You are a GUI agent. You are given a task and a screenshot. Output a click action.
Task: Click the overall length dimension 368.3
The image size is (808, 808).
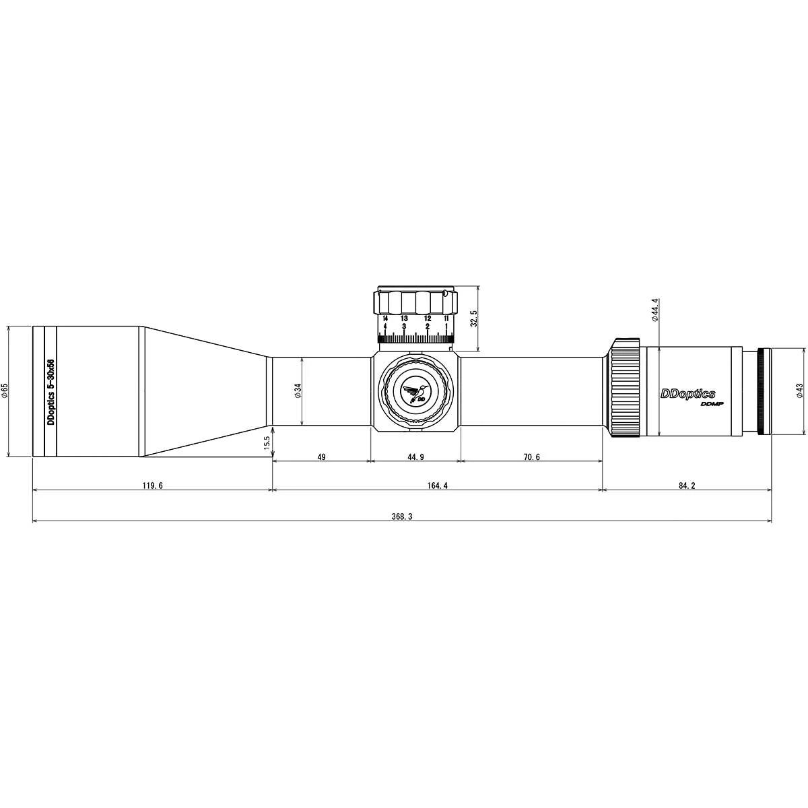point(401,516)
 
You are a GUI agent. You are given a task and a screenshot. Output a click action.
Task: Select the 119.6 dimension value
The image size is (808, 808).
point(153,485)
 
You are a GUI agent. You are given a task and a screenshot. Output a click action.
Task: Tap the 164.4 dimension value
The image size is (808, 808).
point(437,485)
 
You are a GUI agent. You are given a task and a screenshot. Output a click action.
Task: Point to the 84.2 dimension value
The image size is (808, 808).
point(685,485)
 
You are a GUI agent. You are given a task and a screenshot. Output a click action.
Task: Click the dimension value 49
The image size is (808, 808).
point(321,457)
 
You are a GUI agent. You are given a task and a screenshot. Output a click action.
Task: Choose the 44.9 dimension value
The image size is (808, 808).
point(415,457)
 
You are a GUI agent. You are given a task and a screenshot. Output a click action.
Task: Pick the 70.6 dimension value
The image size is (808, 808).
point(531,457)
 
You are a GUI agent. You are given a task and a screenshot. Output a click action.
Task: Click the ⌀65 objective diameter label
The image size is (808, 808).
point(5,391)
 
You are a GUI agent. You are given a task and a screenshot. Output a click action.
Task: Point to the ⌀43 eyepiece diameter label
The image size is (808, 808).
point(799,391)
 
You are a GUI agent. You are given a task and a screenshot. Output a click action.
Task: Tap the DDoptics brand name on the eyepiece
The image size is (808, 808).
point(687,394)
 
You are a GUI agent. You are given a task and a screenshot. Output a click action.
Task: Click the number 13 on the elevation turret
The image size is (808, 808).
point(404,318)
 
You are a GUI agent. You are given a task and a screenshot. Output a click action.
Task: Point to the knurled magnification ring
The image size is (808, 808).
point(625,389)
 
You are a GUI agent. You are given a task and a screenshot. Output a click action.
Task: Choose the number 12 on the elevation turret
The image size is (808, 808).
point(428,318)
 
